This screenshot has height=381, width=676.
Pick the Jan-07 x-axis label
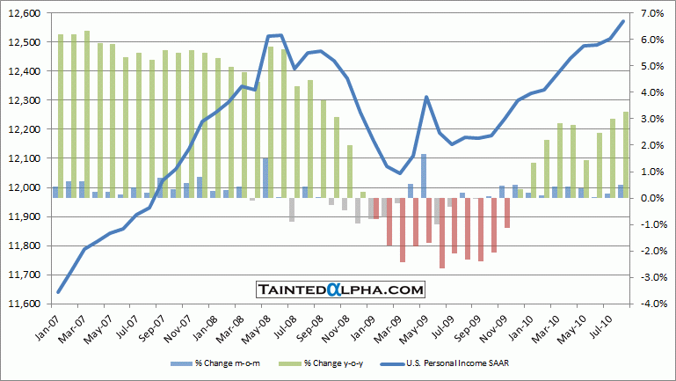(49, 329)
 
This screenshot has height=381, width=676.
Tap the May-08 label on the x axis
(263, 329)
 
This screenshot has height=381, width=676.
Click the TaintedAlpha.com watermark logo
(340, 289)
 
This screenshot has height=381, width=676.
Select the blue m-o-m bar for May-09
(424, 176)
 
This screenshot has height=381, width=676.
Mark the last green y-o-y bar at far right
(626, 154)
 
